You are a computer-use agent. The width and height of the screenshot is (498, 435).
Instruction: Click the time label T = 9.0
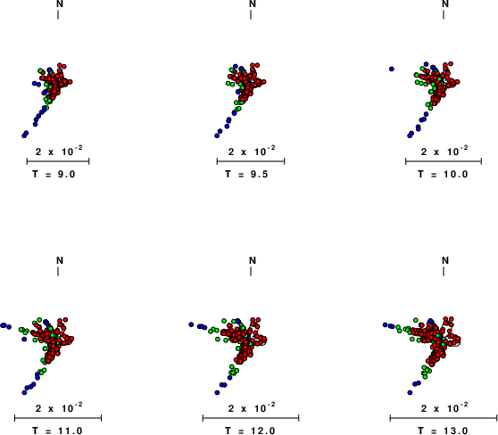54,174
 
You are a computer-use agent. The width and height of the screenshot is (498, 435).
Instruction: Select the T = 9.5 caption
247,174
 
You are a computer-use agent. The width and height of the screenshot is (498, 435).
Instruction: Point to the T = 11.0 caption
57,431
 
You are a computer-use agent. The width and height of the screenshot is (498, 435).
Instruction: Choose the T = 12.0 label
250,431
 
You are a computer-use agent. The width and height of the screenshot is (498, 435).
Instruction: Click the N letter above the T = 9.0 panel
60,4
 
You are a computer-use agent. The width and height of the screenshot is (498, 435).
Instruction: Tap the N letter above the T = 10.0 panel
445,4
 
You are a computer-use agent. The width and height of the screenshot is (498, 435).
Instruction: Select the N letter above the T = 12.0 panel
253,260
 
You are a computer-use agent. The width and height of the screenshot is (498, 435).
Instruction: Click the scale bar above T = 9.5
251,161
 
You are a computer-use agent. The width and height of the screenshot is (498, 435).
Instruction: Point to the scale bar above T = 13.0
444,418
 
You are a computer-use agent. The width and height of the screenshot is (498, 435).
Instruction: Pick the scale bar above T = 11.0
58,418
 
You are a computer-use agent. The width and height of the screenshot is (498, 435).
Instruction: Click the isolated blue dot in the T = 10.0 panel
392,69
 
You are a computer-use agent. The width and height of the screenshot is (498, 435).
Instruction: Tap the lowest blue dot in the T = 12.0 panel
217,392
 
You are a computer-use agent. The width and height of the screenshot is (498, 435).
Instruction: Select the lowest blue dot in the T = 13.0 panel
410,392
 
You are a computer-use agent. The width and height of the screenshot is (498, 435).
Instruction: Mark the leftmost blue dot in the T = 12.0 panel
191,324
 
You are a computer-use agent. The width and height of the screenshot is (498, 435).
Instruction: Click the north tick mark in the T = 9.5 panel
251,14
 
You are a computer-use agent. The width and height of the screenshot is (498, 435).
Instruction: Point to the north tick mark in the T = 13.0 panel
444,271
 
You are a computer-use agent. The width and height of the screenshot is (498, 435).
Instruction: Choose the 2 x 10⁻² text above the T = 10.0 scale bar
444,151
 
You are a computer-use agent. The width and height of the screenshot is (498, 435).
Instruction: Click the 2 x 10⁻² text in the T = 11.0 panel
59,407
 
